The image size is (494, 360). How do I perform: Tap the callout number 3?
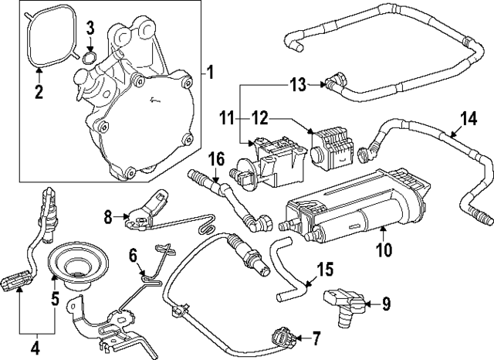(90, 30)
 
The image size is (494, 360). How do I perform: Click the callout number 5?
(54, 297)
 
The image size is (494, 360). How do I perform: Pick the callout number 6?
(132, 253)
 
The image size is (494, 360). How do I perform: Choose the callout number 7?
(314, 338)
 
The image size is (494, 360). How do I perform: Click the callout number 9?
(386, 304)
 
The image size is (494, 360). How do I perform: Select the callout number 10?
(384, 250)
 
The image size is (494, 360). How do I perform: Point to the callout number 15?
(326, 270)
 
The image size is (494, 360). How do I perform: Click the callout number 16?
(218, 159)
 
